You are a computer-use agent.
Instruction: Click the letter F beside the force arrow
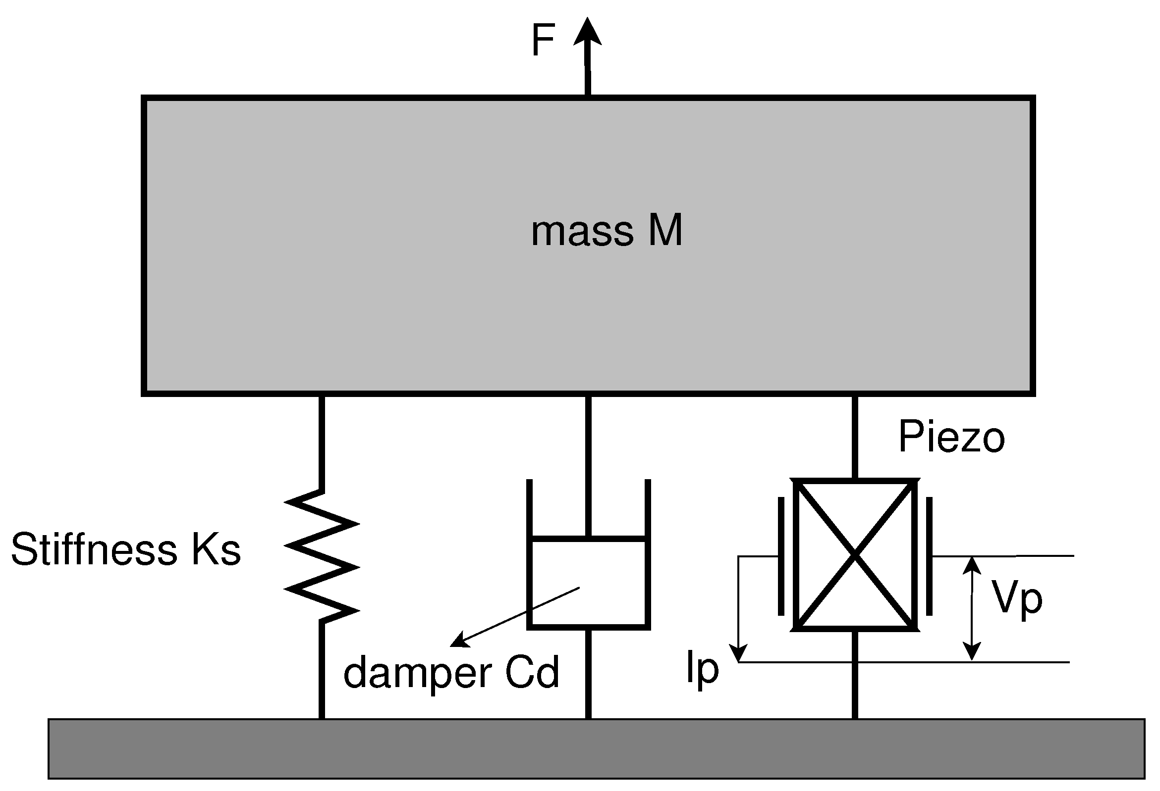tap(543, 41)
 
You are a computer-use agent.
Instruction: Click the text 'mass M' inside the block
tap(606, 231)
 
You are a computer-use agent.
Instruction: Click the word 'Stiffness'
tap(94, 549)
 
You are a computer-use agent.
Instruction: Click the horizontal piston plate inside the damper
tap(589, 539)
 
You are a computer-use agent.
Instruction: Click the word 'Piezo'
tap(951, 438)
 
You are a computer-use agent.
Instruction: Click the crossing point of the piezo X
tap(856, 554)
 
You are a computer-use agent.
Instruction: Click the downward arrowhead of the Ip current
tap(739, 653)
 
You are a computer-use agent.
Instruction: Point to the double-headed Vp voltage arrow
tap(971, 608)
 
